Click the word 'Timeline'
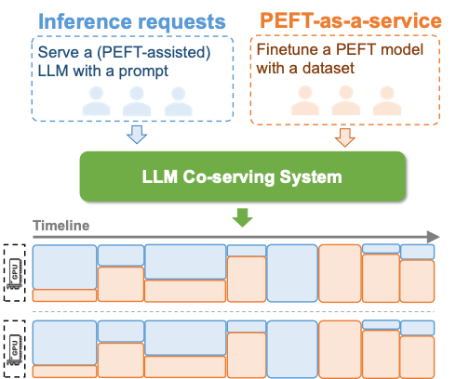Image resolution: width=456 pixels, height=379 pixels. (61, 226)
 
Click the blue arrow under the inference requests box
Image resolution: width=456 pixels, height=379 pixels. (137, 136)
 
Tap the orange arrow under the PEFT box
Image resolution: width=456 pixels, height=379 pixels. (345, 137)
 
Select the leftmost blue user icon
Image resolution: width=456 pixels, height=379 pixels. (95, 100)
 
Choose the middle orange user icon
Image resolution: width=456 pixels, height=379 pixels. (344, 100)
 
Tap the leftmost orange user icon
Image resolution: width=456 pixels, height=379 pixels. (303, 100)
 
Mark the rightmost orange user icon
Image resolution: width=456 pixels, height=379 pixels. (386, 100)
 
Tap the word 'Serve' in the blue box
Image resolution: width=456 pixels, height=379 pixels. (59, 49)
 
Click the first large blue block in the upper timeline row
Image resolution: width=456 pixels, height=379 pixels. (64, 268)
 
